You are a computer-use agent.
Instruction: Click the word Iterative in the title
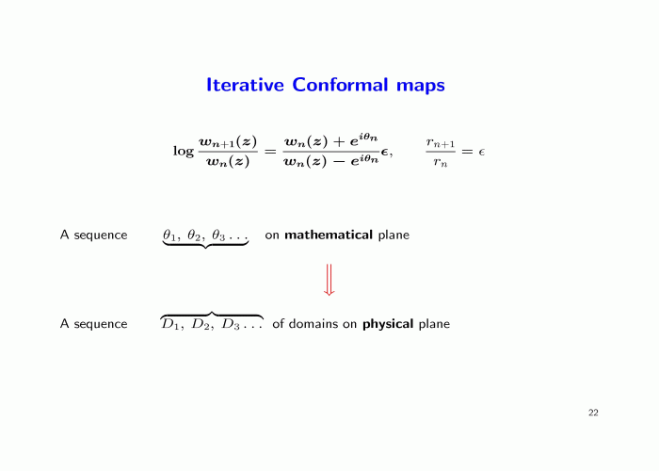(x=245, y=85)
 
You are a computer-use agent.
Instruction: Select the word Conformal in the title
(x=340, y=85)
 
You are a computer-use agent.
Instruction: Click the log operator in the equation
(x=184, y=152)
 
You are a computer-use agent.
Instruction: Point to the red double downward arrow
(x=329, y=280)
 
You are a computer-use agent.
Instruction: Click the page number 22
(x=593, y=413)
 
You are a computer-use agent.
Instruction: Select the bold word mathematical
(x=329, y=235)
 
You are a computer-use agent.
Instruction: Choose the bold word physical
(x=388, y=324)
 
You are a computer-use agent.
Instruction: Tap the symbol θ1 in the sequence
(x=169, y=235)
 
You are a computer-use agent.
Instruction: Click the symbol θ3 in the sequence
(x=218, y=235)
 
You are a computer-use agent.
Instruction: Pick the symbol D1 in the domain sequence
(x=170, y=324)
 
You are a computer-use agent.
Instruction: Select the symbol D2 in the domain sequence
(x=200, y=324)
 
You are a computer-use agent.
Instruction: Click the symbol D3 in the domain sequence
(x=231, y=324)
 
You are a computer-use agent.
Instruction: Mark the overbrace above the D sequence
(x=212, y=313)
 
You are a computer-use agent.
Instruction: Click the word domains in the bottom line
(x=313, y=324)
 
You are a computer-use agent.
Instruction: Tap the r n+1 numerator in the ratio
(x=441, y=143)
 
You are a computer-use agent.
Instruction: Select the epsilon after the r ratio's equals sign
(x=482, y=152)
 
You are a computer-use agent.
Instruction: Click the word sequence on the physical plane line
(x=101, y=325)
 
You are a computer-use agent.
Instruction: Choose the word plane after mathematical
(x=394, y=235)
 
